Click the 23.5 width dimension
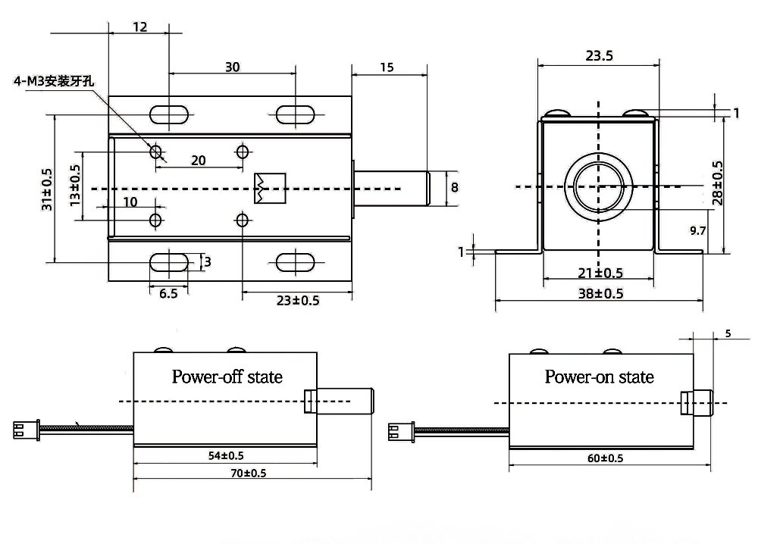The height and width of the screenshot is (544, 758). (599, 55)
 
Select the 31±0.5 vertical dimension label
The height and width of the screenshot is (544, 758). (47, 189)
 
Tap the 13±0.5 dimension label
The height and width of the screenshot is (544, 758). (74, 186)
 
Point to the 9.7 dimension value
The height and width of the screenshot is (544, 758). (697, 231)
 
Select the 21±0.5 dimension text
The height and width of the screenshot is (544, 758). (599, 273)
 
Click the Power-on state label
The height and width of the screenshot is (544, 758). (599, 377)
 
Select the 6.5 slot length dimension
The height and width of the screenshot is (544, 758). (168, 293)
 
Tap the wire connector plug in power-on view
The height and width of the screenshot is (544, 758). (397, 432)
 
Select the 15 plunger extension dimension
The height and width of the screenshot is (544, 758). (386, 67)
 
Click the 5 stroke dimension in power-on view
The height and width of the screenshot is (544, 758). (728, 333)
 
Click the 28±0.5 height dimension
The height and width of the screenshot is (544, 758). (717, 183)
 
